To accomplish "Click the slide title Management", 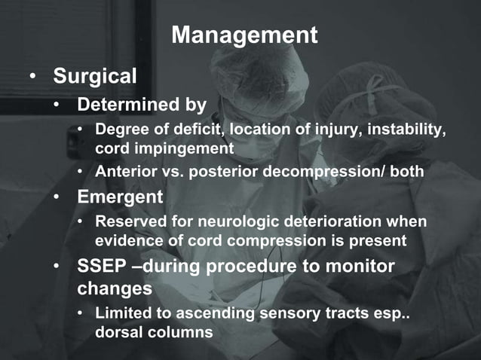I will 244,35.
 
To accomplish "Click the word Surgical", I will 94,76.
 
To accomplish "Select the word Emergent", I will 120,198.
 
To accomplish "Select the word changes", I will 114,288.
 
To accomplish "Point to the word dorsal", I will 118,331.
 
